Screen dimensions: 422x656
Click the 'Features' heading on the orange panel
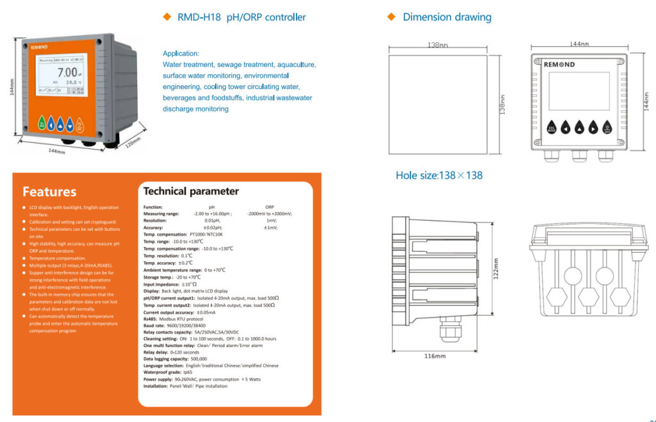point(49,192)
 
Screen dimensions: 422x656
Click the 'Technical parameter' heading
point(191,191)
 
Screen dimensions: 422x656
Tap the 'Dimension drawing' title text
point(447,17)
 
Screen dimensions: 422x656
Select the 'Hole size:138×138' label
point(439,175)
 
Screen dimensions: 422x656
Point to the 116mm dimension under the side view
point(435,356)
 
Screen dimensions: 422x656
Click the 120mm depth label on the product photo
point(132,142)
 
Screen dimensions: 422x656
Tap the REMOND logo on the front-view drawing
point(559,65)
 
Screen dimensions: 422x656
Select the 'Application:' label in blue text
point(181,53)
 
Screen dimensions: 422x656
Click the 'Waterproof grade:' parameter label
point(163,372)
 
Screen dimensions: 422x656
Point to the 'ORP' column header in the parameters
point(270,207)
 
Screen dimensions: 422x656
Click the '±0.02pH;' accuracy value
point(213,228)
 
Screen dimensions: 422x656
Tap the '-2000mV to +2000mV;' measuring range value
point(270,214)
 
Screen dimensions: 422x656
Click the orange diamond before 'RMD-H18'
point(167,17)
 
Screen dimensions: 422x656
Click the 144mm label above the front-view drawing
point(578,44)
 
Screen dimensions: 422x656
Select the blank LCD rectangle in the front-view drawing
point(579,90)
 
